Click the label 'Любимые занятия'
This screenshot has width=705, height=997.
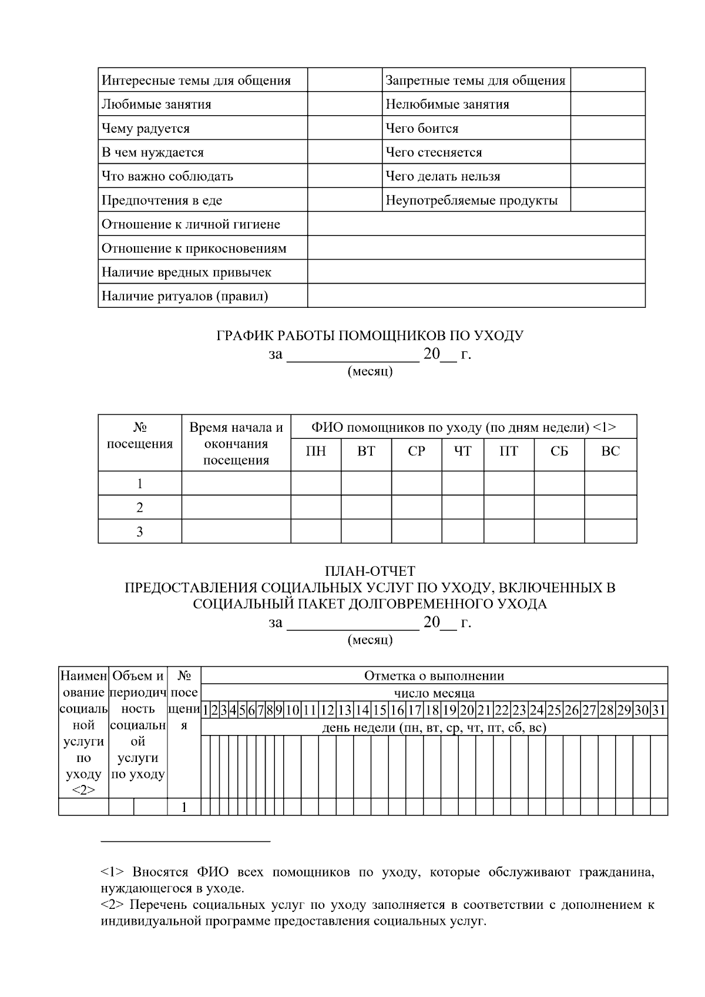[156, 105]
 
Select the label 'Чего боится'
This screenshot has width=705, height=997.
[421, 129]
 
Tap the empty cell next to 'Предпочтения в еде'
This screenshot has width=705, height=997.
[344, 200]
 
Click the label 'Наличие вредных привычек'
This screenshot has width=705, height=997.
[186, 273]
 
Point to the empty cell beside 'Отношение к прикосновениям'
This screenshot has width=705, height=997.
[476, 248]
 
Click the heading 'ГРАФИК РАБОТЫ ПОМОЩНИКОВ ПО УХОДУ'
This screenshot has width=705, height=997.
[370, 336]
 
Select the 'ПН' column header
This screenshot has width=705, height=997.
[316, 451]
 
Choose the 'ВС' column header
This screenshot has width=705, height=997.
[610, 451]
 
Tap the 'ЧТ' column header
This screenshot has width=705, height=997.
[462, 451]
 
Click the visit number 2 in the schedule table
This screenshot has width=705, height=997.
[140, 508]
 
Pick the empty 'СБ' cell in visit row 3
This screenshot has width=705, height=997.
[559, 532]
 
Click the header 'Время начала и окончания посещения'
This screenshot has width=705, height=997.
[236, 444]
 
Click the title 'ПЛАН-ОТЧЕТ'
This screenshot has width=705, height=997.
[370, 571]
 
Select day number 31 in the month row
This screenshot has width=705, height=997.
[659, 710]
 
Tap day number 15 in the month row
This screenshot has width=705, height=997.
[380, 710]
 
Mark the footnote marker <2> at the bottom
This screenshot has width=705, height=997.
[113, 905]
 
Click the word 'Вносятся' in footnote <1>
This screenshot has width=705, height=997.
[160, 872]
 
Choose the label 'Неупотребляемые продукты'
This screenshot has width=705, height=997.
[471, 200]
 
